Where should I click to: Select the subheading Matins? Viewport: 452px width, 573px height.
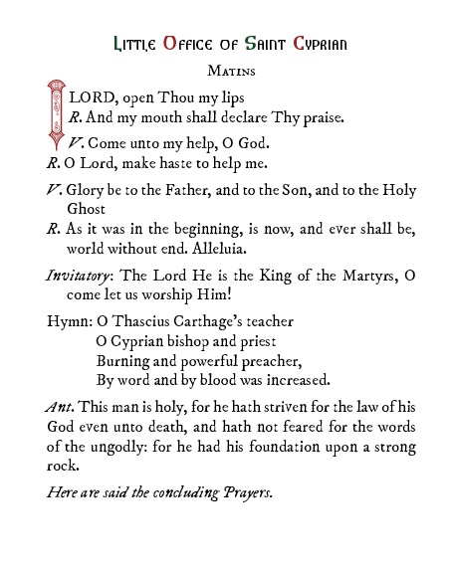(x=226, y=72)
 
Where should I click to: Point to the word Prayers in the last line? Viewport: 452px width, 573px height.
(x=242, y=492)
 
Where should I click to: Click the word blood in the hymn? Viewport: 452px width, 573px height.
(x=226, y=379)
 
